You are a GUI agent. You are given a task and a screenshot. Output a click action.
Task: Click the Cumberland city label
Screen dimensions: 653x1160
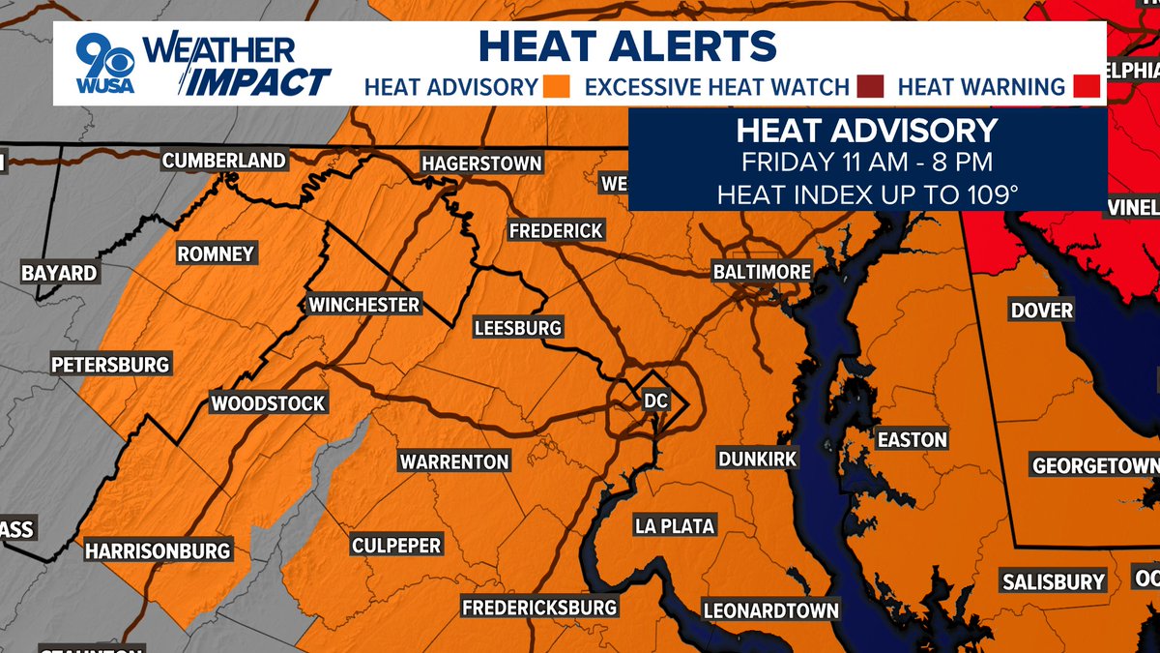pyautogui.click(x=223, y=161)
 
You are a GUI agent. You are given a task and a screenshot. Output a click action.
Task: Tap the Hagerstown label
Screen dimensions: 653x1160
pyautogui.click(x=481, y=163)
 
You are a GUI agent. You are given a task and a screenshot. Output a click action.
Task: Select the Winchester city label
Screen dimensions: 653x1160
pyautogui.click(x=364, y=305)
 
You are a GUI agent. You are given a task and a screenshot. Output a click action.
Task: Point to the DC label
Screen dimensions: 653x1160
pyautogui.click(x=655, y=399)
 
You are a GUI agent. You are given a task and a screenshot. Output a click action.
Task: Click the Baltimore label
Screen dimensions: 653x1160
pyautogui.click(x=762, y=272)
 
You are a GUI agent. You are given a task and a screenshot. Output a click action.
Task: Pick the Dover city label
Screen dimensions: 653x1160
pyautogui.click(x=1041, y=311)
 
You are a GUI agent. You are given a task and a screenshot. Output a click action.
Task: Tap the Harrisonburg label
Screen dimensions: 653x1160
pyautogui.click(x=158, y=550)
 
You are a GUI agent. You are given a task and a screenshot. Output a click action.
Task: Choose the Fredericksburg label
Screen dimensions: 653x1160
pyautogui.click(x=538, y=608)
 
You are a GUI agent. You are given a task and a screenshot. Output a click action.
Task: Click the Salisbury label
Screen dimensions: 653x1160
pyautogui.click(x=1053, y=581)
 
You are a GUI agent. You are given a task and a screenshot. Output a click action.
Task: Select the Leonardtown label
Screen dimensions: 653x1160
pyautogui.click(x=770, y=610)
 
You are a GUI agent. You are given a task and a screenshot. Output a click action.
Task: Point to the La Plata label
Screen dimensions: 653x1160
pyautogui.click(x=675, y=526)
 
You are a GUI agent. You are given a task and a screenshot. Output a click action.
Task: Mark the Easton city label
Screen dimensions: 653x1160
pyautogui.click(x=912, y=439)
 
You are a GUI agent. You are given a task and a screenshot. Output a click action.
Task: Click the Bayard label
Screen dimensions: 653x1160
pyautogui.click(x=59, y=273)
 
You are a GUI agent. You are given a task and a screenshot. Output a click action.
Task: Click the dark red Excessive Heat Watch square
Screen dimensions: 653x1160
pyautogui.click(x=869, y=87)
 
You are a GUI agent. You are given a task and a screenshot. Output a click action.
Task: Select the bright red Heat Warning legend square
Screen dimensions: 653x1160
pyautogui.click(x=1087, y=87)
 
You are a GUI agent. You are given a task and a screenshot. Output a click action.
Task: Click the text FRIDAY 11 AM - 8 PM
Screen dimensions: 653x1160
pyautogui.click(x=866, y=162)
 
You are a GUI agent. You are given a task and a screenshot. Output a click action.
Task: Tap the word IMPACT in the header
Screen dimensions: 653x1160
pyautogui.click(x=258, y=83)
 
